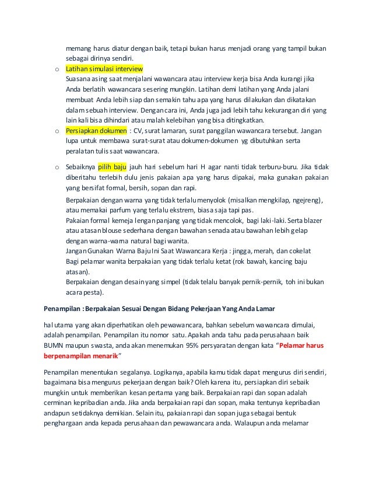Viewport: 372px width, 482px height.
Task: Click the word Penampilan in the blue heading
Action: point(62,308)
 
